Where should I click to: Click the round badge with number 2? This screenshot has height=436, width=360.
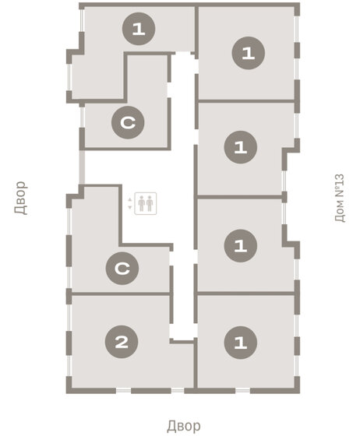pyautogui.click(x=122, y=342)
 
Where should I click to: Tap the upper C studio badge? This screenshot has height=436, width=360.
pyautogui.click(x=128, y=122)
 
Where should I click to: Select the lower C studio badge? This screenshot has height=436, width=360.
pyautogui.click(x=122, y=269)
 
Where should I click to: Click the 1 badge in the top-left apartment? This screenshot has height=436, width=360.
pyautogui.click(x=139, y=29)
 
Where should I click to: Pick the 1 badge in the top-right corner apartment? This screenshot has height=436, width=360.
pyautogui.click(x=248, y=53)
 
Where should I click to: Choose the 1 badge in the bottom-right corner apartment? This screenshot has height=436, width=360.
pyautogui.click(x=240, y=343)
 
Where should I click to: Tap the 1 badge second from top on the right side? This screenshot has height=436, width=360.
pyautogui.click(x=240, y=147)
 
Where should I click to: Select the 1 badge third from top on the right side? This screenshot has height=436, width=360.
pyautogui.click(x=240, y=246)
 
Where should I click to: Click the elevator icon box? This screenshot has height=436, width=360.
pyautogui.click(x=146, y=203)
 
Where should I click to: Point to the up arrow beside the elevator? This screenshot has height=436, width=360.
pyautogui.click(x=129, y=199)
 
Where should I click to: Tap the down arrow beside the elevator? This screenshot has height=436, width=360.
pyautogui.click(x=129, y=207)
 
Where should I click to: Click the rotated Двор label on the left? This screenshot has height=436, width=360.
pyautogui.click(x=21, y=198)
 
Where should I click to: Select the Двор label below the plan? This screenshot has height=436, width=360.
pyautogui.click(x=184, y=426)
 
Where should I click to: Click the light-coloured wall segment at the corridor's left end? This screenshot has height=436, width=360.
pyautogui.click(x=82, y=167)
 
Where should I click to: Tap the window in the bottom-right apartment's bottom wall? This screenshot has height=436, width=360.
pyautogui.click(x=242, y=391)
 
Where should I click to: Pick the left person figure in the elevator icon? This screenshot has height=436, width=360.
pyautogui.click(x=142, y=203)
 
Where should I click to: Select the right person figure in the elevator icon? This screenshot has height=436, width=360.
pyautogui.click(x=150, y=203)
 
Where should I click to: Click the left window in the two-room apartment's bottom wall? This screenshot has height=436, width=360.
pyautogui.click(x=124, y=391)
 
